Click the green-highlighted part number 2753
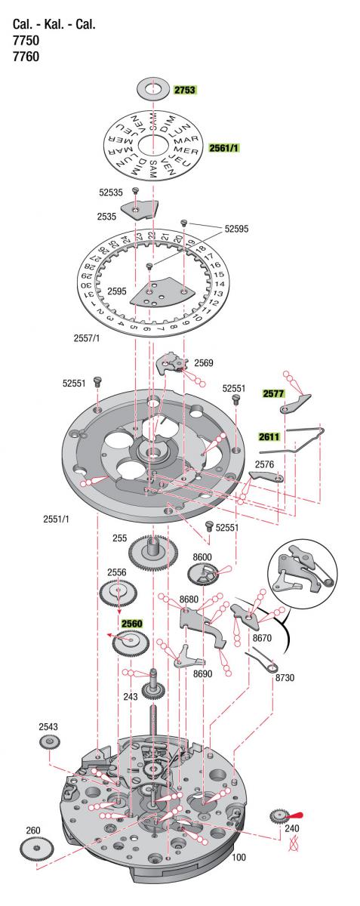coord(185,90)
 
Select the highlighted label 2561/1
coord(223,148)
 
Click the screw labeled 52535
coord(136,190)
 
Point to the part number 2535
coord(106,217)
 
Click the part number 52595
coord(237,229)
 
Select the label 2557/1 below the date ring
coord(87,338)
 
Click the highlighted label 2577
coord(274,393)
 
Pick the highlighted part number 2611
coord(269,436)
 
